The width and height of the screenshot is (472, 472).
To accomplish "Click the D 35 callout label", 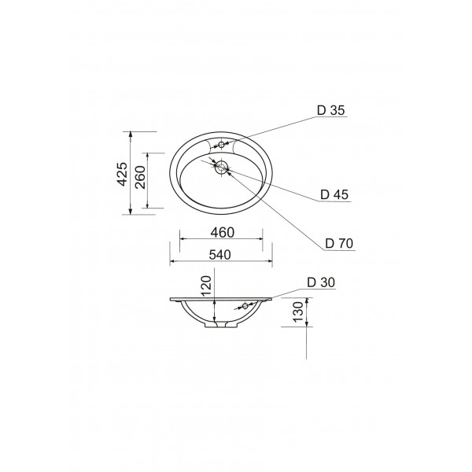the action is [x=330, y=110].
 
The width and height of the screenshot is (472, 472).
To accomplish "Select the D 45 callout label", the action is [x=334, y=195].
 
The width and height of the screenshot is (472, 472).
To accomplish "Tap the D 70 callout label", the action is [x=339, y=243].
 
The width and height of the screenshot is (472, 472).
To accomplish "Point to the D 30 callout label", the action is [x=321, y=282].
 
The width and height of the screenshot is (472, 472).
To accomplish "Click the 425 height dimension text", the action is [x=123, y=174].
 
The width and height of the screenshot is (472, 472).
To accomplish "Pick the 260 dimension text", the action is [x=140, y=177].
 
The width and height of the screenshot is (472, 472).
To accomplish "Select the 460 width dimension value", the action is [x=222, y=232].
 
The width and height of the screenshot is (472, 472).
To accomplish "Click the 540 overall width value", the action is [x=219, y=255].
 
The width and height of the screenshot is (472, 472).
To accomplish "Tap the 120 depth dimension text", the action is [x=206, y=286].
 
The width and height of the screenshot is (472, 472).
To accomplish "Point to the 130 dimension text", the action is [x=298, y=312].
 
